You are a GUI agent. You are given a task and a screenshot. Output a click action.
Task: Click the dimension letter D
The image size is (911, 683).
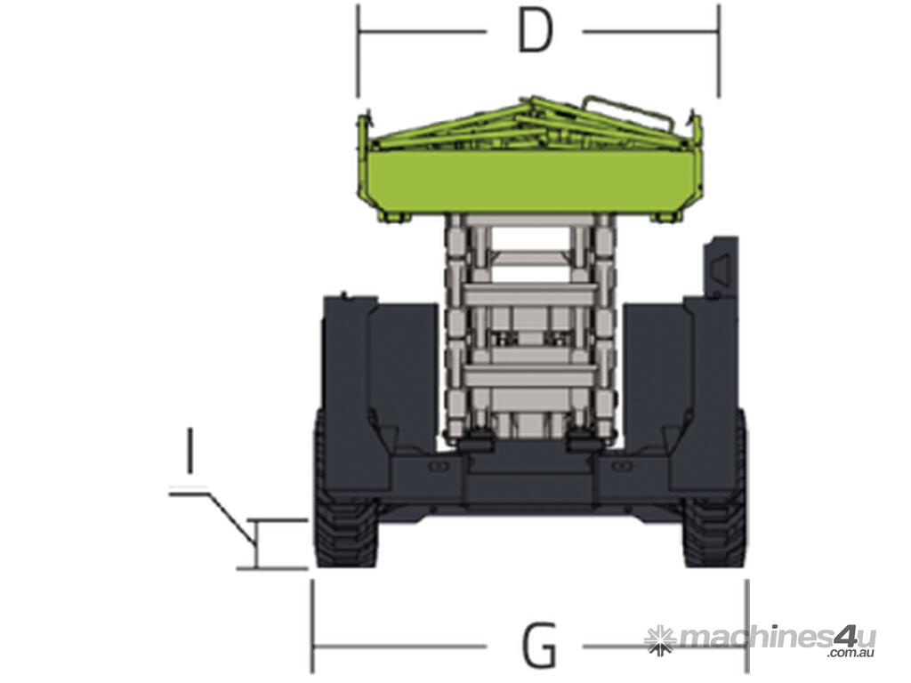535,31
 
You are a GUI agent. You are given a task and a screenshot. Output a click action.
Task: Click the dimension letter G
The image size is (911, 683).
540,645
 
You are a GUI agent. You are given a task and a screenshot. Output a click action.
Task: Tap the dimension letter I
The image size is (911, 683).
189,449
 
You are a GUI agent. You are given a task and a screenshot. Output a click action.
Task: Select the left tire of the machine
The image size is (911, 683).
345,511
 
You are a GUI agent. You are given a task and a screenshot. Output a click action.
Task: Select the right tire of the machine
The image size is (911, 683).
714,511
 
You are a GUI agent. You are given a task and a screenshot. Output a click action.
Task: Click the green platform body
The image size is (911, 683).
534,180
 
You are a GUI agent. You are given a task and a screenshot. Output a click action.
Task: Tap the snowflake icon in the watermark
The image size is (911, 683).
661,640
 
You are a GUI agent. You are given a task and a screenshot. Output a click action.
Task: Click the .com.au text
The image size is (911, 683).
851,654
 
